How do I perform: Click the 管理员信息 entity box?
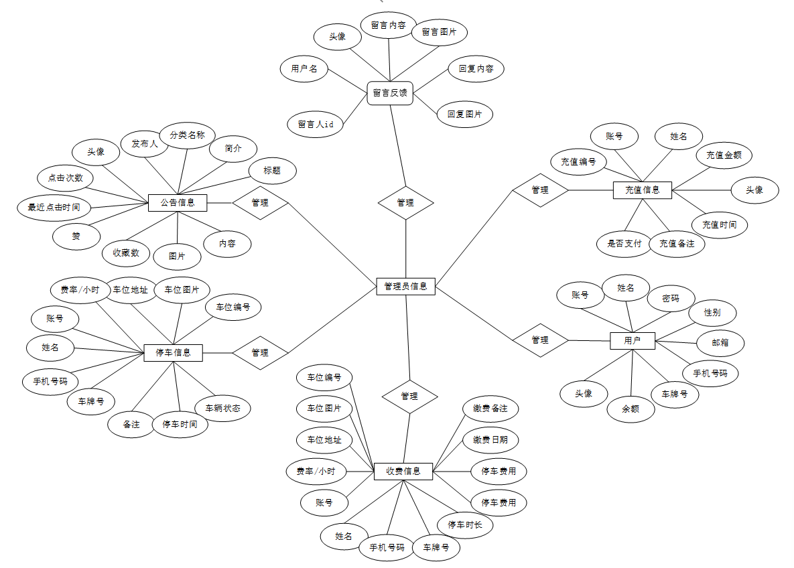pos(405,286)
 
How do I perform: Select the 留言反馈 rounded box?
pos(389,92)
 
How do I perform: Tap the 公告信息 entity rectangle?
pos(178,202)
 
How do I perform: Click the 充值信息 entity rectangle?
pos(642,190)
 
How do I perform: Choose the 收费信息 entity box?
pos(403,472)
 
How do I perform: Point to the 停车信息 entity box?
pos(173,352)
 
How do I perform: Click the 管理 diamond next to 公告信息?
pos(260,202)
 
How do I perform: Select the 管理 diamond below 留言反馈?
pos(405,202)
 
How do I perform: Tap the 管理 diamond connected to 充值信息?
pos(540,190)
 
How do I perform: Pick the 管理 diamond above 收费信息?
pos(409,396)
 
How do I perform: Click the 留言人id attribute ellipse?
pos(316,125)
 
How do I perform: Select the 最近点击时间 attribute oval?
pos(54,208)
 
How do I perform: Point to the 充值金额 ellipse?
pos(724,155)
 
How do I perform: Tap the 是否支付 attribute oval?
pos(624,244)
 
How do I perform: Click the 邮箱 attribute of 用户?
pos(720,343)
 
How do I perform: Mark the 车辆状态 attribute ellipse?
pos(222,407)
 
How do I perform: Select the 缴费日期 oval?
pos(490,440)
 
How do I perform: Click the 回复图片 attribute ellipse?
pos(465,115)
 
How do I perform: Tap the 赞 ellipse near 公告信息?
pos(76,236)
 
